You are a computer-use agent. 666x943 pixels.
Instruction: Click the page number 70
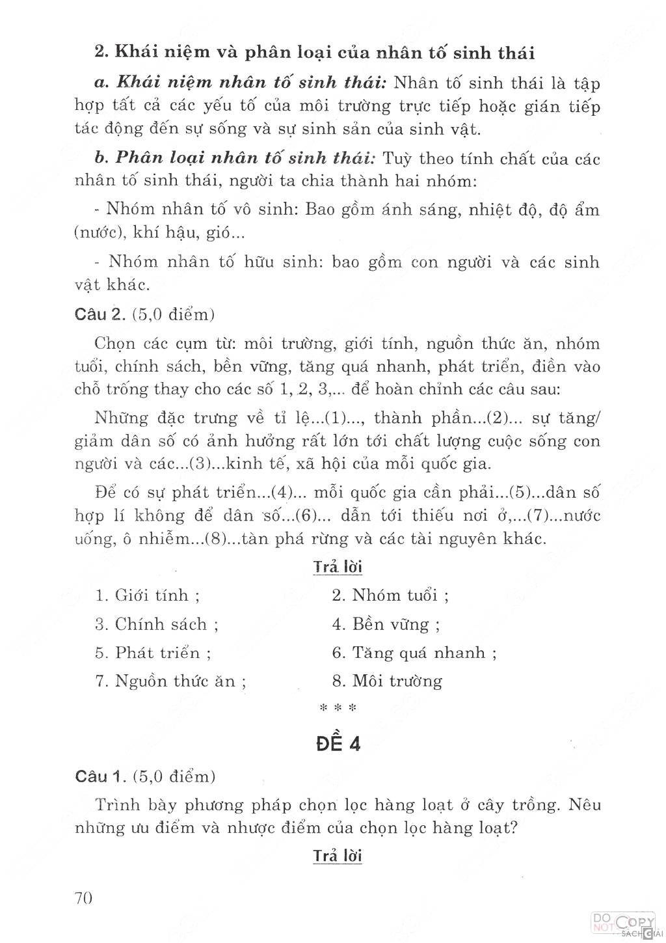tap(84, 898)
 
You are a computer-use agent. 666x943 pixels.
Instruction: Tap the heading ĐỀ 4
tap(338, 743)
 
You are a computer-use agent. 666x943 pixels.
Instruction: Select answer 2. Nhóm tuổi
tap(390, 595)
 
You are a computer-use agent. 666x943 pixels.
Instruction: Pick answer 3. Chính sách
tap(157, 624)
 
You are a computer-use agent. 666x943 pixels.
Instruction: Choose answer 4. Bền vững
tap(386, 625)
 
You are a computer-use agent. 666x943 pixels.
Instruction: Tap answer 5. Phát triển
tap(153, 653)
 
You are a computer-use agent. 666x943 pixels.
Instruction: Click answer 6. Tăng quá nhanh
tap(414, 653)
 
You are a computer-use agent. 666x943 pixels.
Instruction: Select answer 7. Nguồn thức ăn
tap(171, 681)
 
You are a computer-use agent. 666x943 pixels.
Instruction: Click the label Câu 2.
tap(100, 314)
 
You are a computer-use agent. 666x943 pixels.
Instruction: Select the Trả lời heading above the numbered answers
tap(338, 567)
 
